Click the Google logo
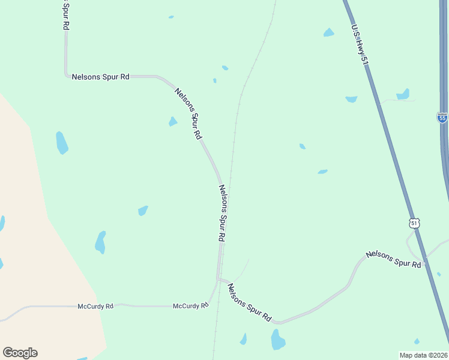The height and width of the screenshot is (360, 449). point(20,353)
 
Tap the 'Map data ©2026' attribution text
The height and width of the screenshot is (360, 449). point(424,355)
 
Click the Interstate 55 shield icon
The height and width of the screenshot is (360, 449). point(442,118)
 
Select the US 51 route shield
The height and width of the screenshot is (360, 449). point(414,223)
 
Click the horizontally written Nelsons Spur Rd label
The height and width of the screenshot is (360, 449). point(100,77)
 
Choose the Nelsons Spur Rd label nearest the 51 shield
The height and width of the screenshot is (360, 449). point(393,259)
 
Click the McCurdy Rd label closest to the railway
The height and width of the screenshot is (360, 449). point(190,305)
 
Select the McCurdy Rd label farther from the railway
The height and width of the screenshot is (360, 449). point(95,306)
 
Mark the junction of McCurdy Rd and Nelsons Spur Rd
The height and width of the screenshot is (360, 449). point(218,279)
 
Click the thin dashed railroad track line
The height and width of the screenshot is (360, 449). point(235,132)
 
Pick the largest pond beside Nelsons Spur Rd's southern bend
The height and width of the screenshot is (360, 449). point(277,340)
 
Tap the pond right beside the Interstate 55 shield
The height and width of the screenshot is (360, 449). point(403,94)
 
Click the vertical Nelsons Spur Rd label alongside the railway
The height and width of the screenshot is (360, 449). point(222,213)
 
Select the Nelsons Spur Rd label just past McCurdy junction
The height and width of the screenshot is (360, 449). point(249,303)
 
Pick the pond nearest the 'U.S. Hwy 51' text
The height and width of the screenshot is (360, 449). point(328,32)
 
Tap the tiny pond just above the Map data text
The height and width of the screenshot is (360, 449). point(417,341)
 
